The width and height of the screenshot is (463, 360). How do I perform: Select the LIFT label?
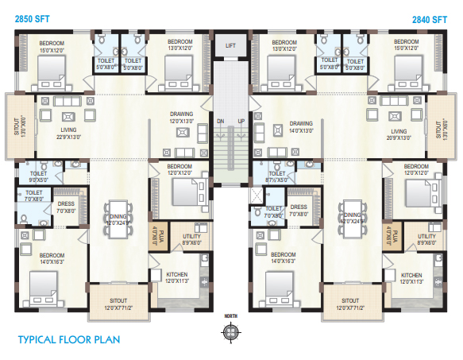point(230,46)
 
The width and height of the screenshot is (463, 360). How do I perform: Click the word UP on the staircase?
point(241,121)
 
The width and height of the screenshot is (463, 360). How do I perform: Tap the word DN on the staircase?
point(220,121)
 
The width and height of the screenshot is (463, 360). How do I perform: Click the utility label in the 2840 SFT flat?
point(426,239)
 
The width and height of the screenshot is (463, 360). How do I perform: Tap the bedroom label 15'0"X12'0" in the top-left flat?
point(55,45)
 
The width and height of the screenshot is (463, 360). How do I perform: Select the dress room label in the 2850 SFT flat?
point(66,207)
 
